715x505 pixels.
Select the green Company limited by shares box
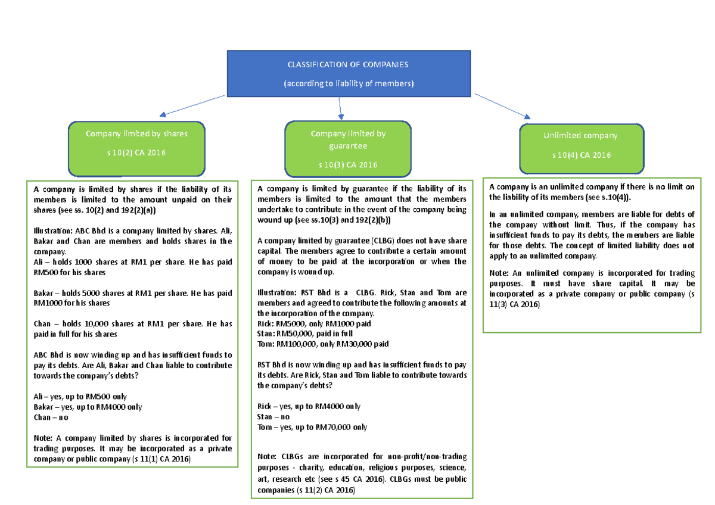pyautogui.click(x=136, y=148)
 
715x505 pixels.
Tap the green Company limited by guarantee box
pyautogui.click(x=348, y=149)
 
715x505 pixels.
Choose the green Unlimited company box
pyautogui.click(x=581, y=148)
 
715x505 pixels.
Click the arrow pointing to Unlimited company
pyautogui.click(x=502, y=106)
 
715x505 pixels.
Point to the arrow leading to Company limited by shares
pyautogui.click(x=192, y=105)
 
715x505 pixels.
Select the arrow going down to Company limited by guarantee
pyautogui.click(x=340, y=107)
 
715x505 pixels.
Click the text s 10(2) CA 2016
pyautogui.click(x=136, y=153)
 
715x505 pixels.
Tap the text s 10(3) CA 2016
pyautogui.click(x=348, y=165)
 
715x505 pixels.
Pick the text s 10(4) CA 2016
pyautogui.click(x=581, y=155)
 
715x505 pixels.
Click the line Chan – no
pyautogui.click(x=51, y=417)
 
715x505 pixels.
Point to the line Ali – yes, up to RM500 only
pyautogui.click(x=80, y=397)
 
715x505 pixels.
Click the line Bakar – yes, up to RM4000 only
pyautogui.click(x=88, y=407)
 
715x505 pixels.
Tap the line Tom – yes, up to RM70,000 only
pyautogui.click(x=312, y=427)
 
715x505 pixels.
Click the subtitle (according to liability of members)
pyautogui.click(x=348, y=84)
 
